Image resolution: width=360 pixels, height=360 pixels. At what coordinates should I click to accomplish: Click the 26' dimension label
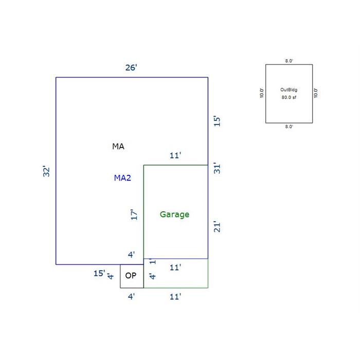pyautogui.click(x=131, y=67)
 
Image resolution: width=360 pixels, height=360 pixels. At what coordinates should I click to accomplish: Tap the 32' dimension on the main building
pyautogui.click(x=46, y=171)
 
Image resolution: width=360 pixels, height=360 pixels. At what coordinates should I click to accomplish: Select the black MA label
pyautogui.click(x=118, y=146)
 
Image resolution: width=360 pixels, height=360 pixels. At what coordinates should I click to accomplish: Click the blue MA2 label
pyautogui.click(x=122, y=178)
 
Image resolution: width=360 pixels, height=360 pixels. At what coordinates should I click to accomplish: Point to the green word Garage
pyautogui.click(x=174, y=214)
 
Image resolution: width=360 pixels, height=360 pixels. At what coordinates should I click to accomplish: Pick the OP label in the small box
pyautogui.click(x=131, y=276)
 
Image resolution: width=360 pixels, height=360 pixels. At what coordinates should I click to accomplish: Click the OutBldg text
pyautogui.click(x=289, y=90)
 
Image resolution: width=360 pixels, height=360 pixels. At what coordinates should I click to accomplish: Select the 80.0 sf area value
pyautogui.click(x=289, y=97)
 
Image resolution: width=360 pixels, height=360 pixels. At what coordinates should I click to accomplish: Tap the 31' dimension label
pyautogui.click(x=217, y=168)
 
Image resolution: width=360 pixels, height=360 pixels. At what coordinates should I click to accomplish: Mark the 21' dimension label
pyautogui.click(x=217, y=227)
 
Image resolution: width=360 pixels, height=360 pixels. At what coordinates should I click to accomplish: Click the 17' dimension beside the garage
pyautogui.click(x=134, y=214)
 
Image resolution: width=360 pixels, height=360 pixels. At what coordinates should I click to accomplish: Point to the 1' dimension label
pyautogui.click(x=153, y=261)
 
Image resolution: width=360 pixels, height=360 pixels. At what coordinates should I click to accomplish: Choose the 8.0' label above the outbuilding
pyautogui.click(x=289, y=61)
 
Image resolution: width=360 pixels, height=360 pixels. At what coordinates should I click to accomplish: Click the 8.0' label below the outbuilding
pyautogui.click(x=289, y=127)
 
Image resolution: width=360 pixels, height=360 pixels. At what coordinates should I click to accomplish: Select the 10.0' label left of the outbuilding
pyautogui.click(x=262, y=93)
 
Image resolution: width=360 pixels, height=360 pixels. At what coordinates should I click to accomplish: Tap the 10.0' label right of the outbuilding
pyautogui.click(x=316, y=93)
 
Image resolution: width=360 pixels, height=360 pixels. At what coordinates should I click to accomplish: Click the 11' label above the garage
pyautogui.click(x=175, y=155)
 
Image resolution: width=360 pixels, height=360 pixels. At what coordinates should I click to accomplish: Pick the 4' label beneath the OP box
pyautogui.click(x=131, y=297)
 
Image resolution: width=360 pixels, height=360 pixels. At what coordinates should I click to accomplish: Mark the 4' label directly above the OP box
pyautogui.click(x=131, y=255)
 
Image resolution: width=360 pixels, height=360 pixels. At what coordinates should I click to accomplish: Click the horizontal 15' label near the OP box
pyautogui.click(x=99, y=273)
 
